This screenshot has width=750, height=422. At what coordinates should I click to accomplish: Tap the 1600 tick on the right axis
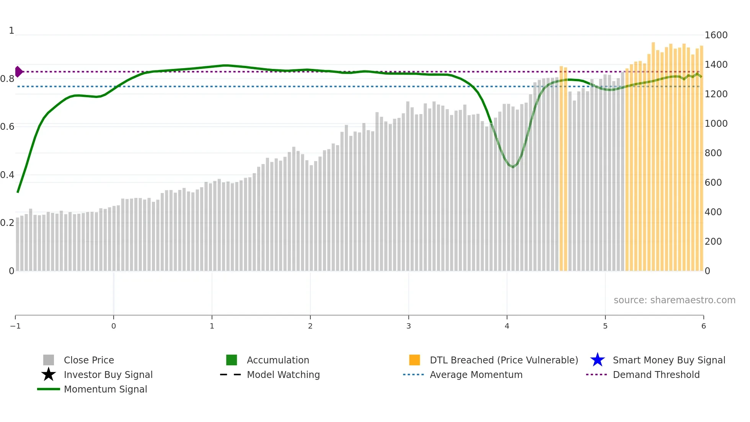point(716,35)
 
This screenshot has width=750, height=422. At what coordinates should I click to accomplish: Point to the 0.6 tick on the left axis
point(7,127)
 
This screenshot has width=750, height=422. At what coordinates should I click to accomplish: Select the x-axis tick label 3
point(409,326)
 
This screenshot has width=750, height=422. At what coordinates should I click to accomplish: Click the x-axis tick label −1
point(15,326)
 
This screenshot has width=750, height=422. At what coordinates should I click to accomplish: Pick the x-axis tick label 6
point(703,326)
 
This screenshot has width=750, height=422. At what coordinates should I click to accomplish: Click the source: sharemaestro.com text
point(674,300)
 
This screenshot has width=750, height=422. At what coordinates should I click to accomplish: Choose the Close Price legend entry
point(89,360)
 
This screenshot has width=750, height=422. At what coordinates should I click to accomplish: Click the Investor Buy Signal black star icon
point(49,375)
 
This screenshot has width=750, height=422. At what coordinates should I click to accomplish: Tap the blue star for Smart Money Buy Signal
point(597,360)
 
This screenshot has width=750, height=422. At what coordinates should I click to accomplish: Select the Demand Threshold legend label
point(656,375)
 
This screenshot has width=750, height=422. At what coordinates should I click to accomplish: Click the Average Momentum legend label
point(476,375)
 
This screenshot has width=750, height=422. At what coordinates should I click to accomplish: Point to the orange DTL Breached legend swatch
point(414,360)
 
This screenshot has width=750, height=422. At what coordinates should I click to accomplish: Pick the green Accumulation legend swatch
point(232,360)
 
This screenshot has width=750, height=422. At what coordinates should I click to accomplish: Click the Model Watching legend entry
point(283,375)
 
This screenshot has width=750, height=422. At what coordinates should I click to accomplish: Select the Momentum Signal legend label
point(105,389)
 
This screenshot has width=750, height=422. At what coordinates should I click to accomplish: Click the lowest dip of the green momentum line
point(513,167)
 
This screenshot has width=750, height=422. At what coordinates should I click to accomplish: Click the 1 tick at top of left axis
point(11,31)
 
